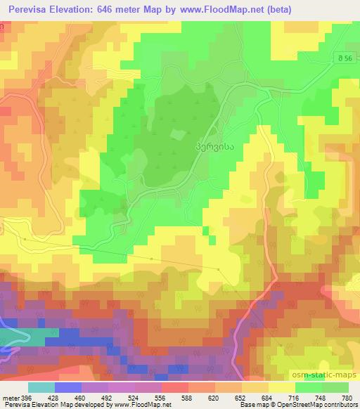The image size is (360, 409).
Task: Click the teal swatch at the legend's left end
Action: tap(41, 387)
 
